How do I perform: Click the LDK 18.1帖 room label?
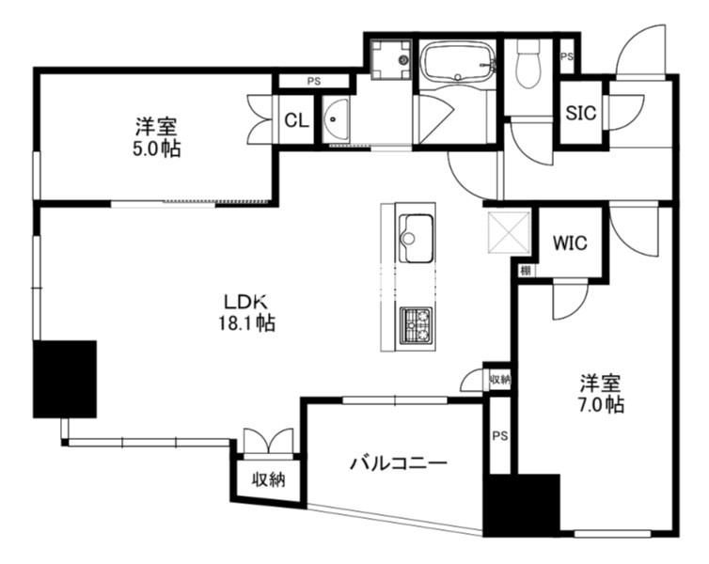pos(246,312)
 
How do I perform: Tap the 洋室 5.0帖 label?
pos(156,137)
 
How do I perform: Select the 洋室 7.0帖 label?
pos(602,394)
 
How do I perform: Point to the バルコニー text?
pos(399,462)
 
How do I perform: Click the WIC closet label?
pos(570,243)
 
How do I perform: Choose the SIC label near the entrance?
pos(581,113)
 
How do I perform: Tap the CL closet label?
pos(296,120)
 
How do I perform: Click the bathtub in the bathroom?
pos(458,62)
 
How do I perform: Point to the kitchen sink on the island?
pos(416,238)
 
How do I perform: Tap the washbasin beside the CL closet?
pos(336,119)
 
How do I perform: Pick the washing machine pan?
pos(391,59)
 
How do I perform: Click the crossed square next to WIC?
pos(509,232)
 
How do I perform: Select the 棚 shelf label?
pos(526,271)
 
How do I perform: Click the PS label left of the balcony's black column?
pos(500,436)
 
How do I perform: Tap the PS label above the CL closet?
pos(314,82)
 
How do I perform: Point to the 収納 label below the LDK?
pos(269,479)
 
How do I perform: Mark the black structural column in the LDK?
pos(65,379)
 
